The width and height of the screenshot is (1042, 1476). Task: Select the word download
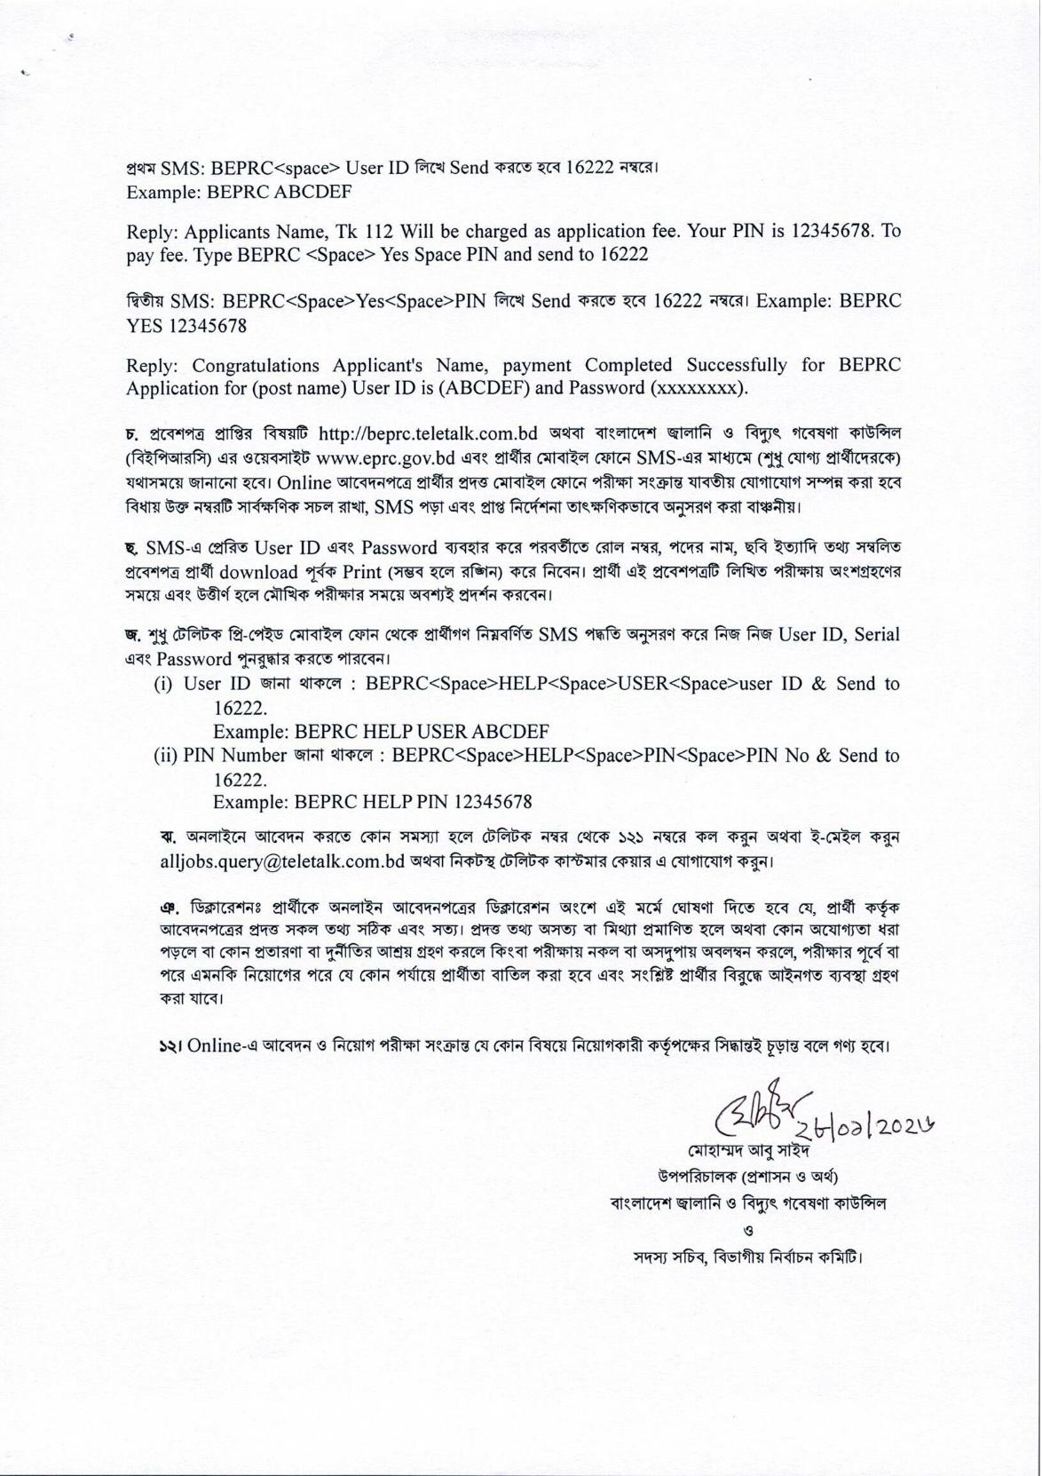[x=257, y=571]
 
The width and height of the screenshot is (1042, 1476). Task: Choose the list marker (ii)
[x=167, y=756]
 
